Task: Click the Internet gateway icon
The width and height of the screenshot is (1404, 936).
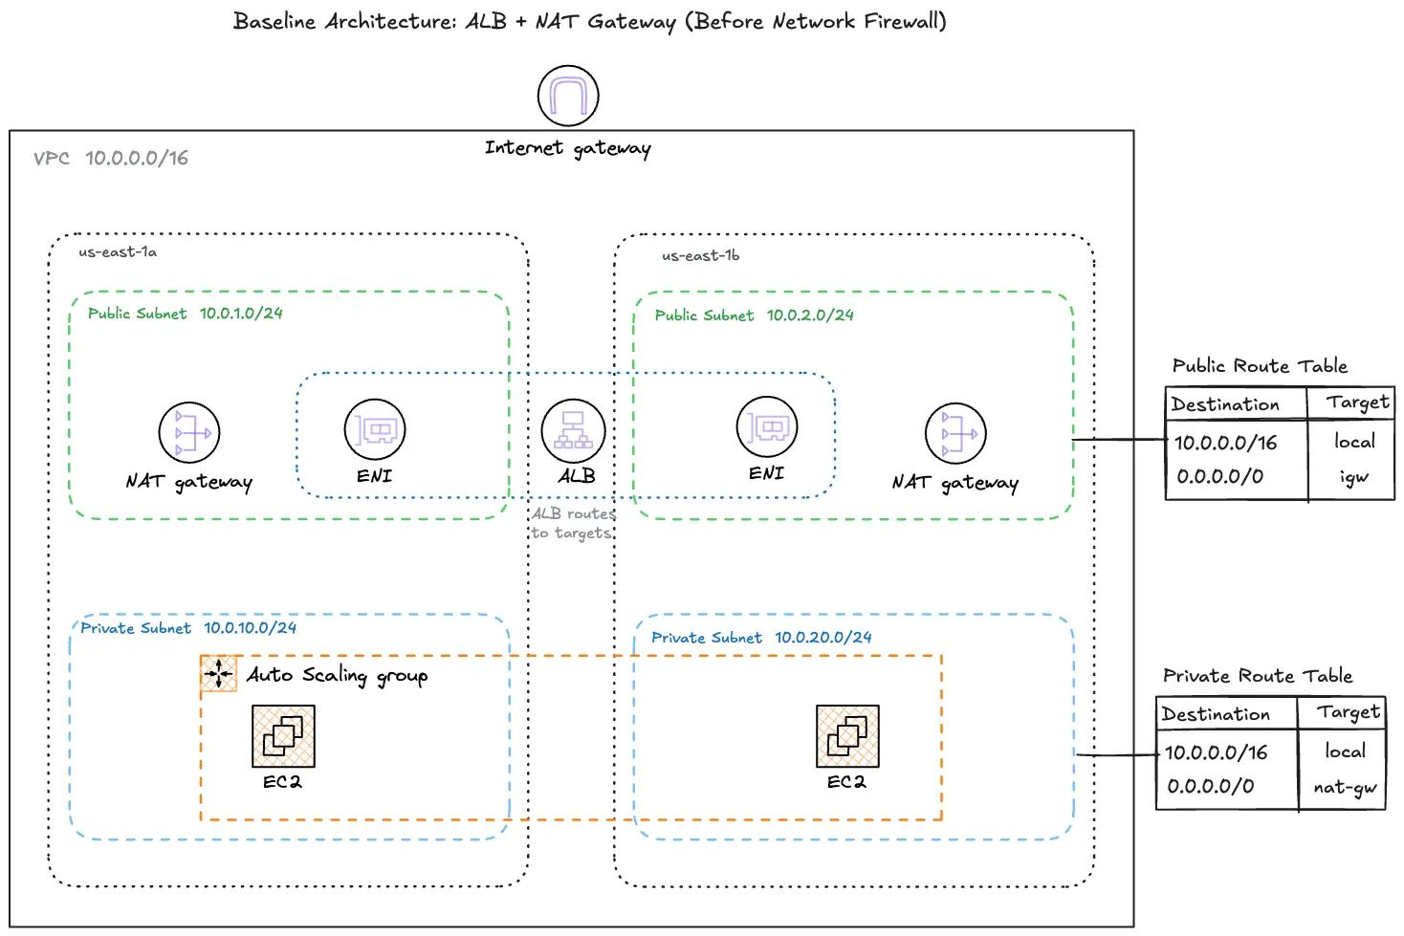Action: pyautogui.click(x=568, y=96)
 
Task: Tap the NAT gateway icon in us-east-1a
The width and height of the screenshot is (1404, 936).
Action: pyautogui.click(x=189, y=433)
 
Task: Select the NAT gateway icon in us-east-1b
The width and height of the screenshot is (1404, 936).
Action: pyautogui.click(x=955, y=433)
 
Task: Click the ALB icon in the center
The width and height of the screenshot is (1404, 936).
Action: pyautogui.click(x=573, y=430)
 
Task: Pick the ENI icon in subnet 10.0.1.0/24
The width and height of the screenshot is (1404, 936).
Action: pyautogui.click(x=375, y=430)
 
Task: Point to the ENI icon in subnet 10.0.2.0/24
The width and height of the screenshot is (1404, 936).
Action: pyautogui.click(x=767, y=426)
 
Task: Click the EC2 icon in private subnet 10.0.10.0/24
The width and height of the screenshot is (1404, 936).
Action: pyautogui.click(x=283, y=736)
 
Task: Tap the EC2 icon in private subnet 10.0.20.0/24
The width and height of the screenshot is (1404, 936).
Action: pyautogui.click(x=847, y=736)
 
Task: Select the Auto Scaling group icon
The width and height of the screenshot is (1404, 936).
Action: pyautogui.click(x=219, y=673)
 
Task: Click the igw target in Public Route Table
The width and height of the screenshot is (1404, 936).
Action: pyautogui.click(x=1353, y=477)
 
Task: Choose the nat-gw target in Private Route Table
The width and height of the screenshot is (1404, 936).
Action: pyautogui.click(x=1345, y=787)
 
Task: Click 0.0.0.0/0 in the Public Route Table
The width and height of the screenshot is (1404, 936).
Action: pyautogui.click(x=1219, y=476)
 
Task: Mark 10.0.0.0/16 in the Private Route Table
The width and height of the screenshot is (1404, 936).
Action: pyautogui.click(x=1216, y=752)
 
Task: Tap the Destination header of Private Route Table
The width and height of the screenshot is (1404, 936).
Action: pyautogui.click(x=1216, y=714)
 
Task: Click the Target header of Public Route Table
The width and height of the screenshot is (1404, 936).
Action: pyautogui.click(x=1357, y=403)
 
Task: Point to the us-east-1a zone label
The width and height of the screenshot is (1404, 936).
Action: pyautogui.click(x=118, y=252)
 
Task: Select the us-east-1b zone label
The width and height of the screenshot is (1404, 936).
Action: pyautogui.click(x=700, y=256)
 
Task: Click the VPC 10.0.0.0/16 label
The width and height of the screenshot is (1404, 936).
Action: pyautogui.click(x=111, y=159)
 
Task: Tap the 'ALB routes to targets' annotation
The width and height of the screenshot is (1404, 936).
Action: pyautogui.click(x=572, y=524)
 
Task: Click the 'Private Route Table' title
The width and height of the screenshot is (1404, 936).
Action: pyautogui.click(x=1257, y=676)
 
